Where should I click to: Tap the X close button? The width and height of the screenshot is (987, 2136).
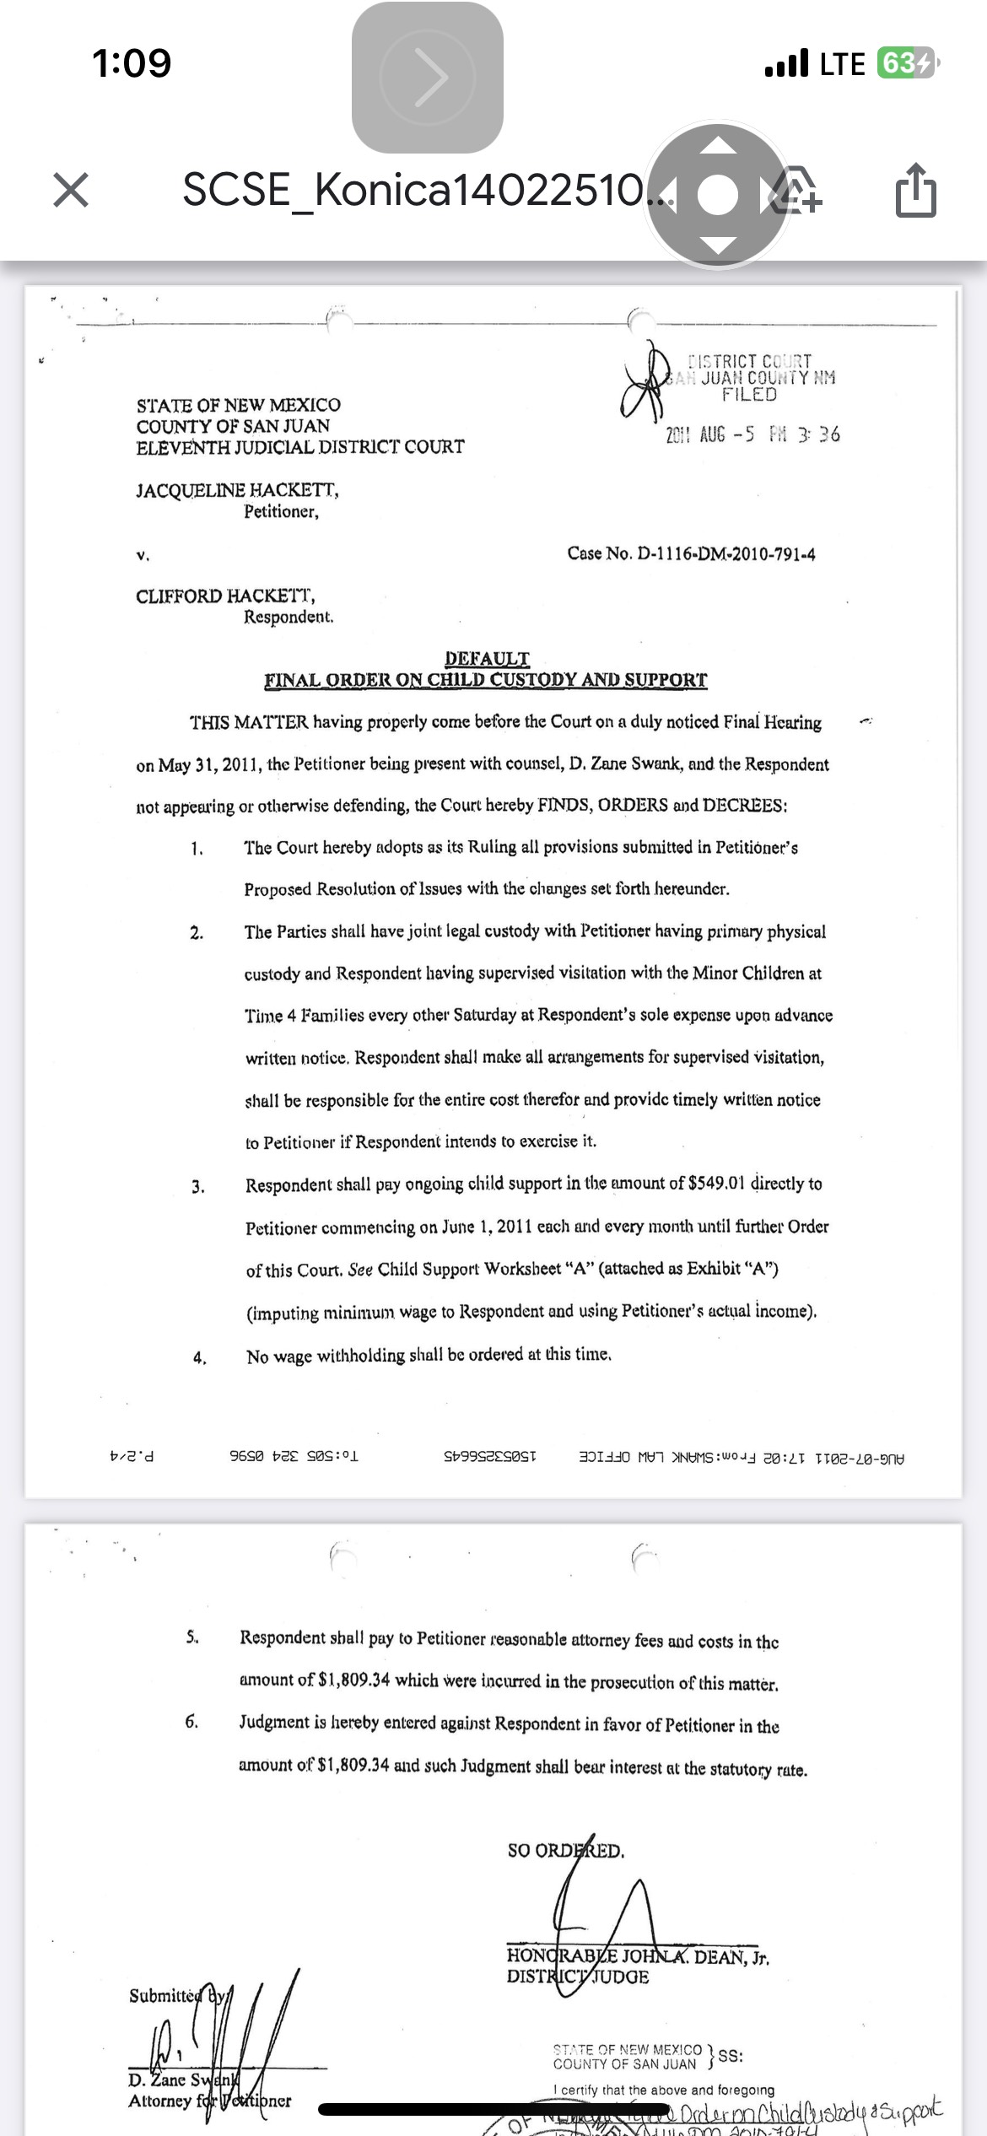(71, 190)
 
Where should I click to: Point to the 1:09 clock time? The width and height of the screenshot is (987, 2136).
(132, 63)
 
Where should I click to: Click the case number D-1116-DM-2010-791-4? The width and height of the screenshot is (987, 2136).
(726, 554)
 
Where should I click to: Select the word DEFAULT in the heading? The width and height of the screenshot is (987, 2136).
(487, 658)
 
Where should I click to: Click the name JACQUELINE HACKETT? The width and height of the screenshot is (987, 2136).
(237, 490)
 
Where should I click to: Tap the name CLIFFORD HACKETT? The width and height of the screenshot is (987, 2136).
(225, 596)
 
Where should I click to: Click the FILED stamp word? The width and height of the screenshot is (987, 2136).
(749, 395)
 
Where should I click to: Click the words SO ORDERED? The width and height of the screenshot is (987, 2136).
(566, 1851)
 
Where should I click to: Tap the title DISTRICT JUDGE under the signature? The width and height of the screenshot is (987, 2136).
(578, 1977)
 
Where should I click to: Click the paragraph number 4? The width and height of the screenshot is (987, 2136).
(199, 1357)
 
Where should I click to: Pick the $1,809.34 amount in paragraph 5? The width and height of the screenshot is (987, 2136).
(354, 1680)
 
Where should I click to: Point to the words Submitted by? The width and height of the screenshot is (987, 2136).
(177, 1995)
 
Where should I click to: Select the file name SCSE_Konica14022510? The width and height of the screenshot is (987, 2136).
(413, 190)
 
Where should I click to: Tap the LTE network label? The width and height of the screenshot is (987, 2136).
(842, 64)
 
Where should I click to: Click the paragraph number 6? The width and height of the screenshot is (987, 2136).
(192, 1721)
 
